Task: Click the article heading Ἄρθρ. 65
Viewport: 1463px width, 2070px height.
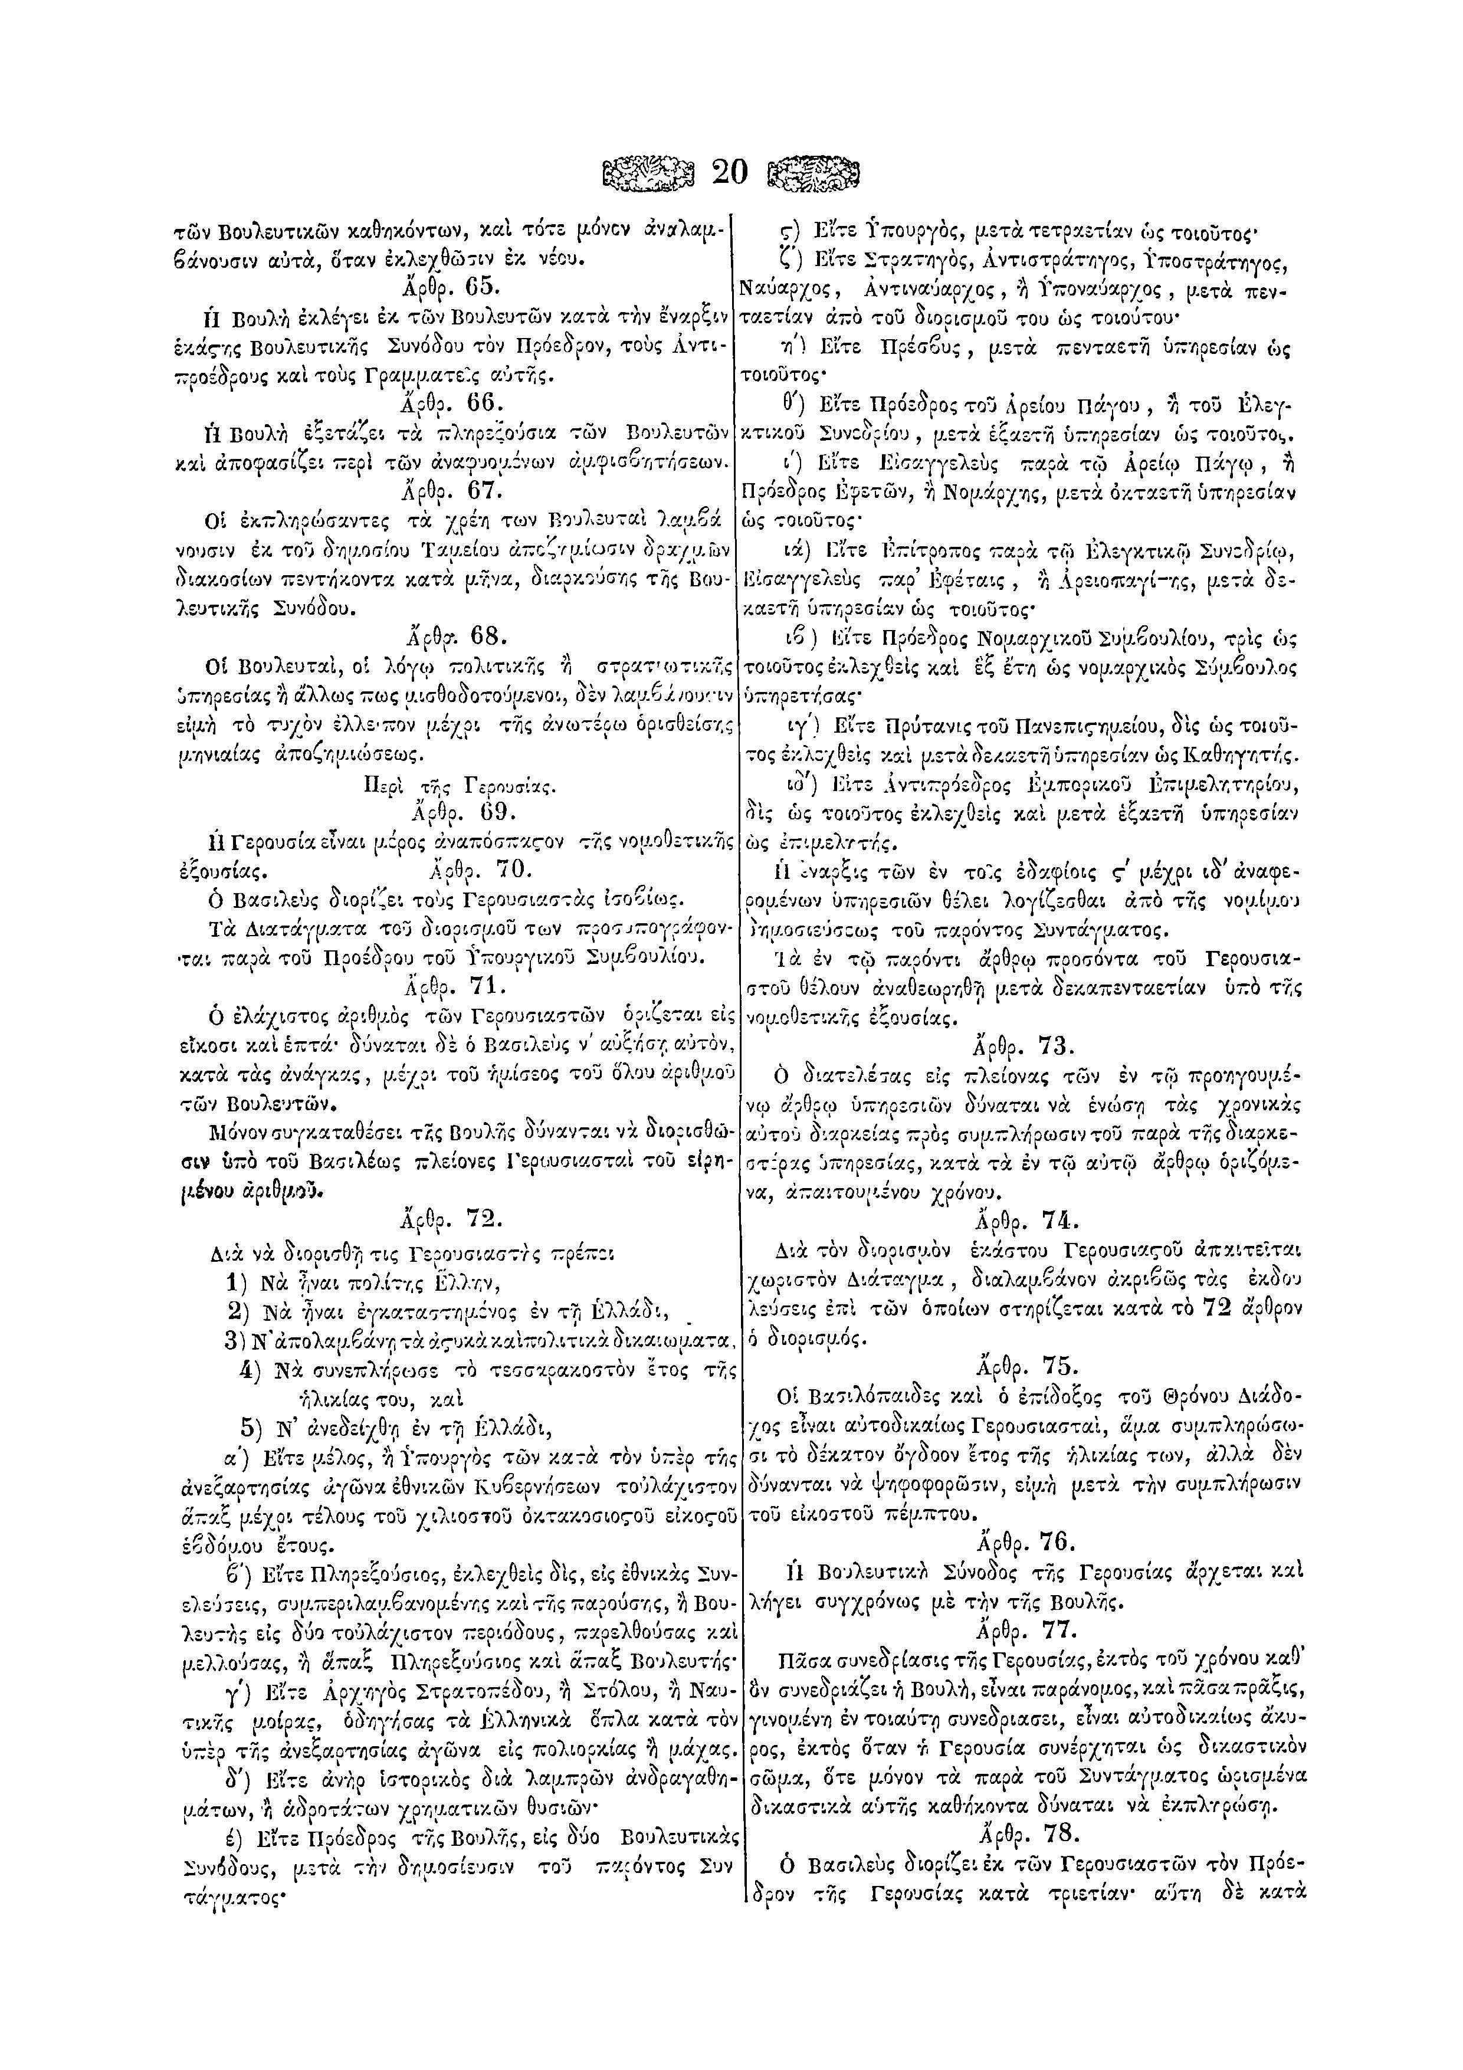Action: (x=449, y=288)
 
